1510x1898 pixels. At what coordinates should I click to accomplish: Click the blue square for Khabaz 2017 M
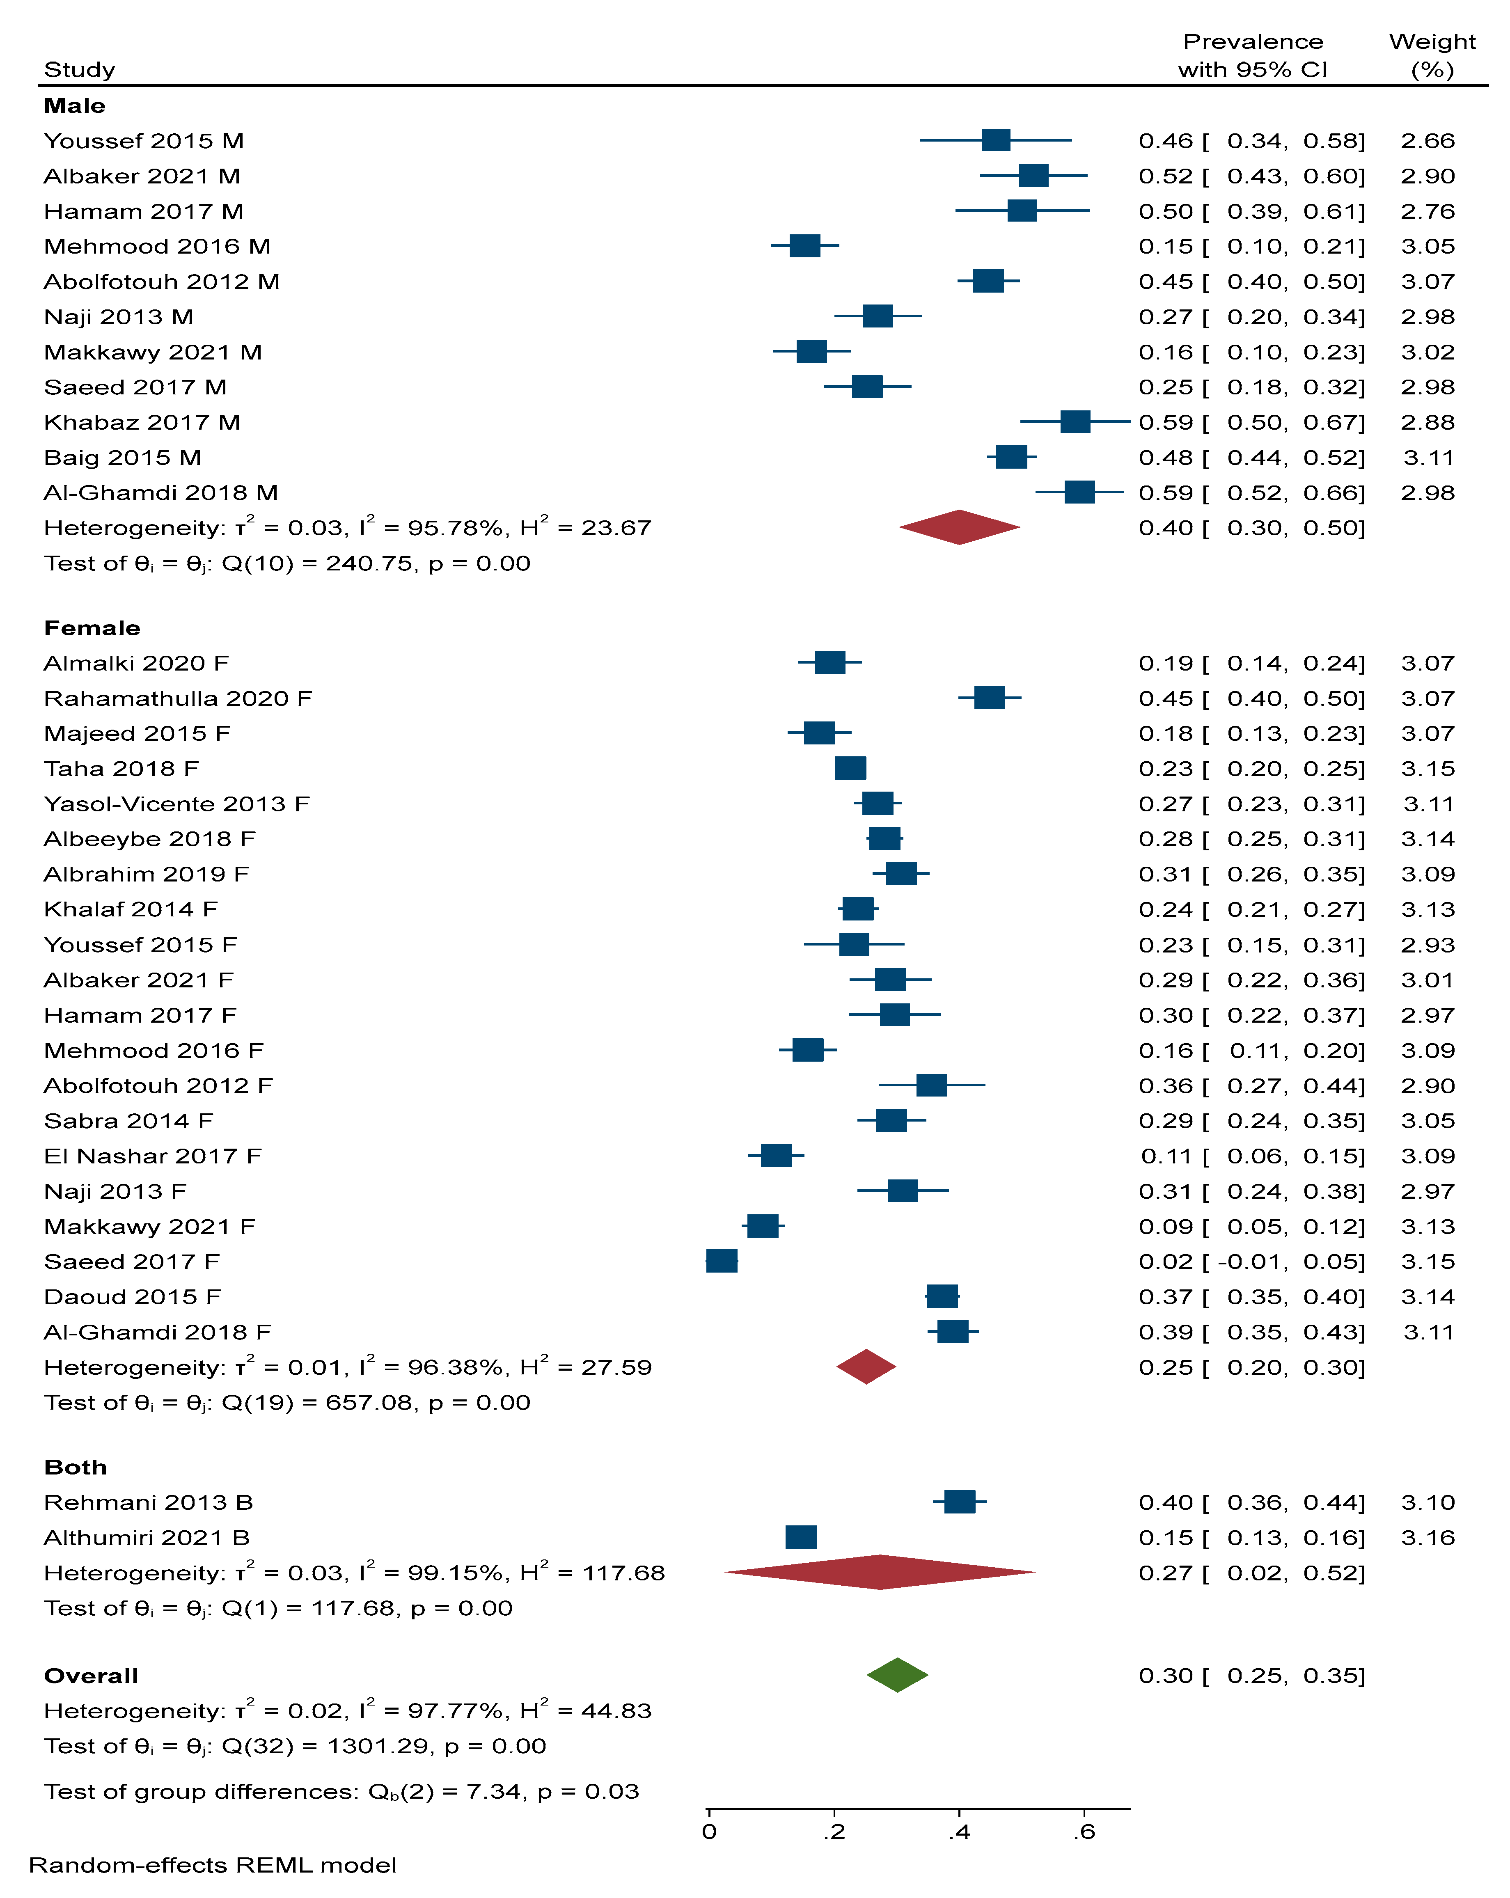click(x=1075, y=422)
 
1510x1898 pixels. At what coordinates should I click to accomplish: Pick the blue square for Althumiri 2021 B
click(x=800, y=1537)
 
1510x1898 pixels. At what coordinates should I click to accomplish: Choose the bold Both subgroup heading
click(x=76, y=1467)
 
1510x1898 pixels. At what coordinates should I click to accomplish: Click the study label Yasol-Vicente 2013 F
click(x=176, y=804)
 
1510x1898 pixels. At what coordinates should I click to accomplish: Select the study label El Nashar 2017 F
click(x=152, y=1156)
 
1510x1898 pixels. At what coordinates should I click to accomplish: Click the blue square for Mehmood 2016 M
click(x=805, y=246)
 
